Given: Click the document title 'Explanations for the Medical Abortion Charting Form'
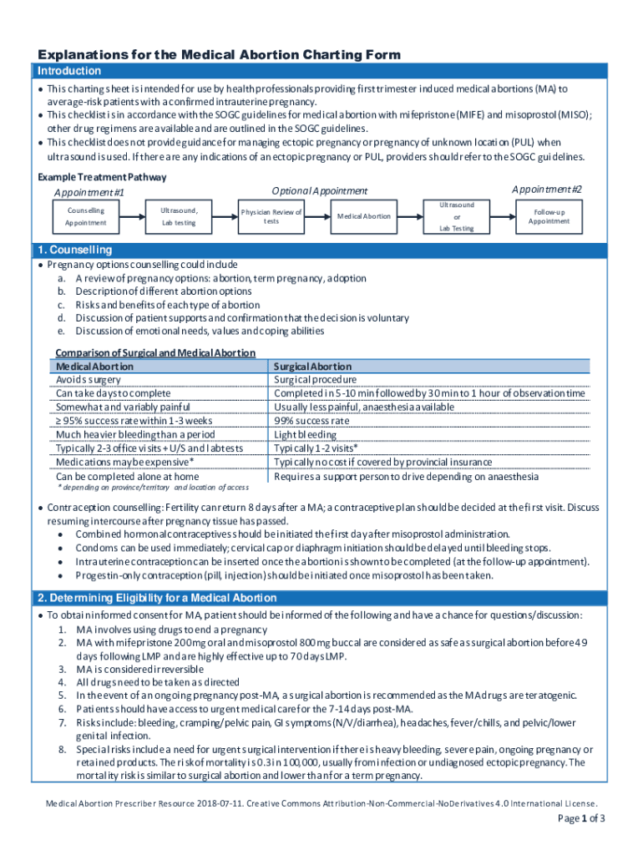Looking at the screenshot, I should [x=219, y=55].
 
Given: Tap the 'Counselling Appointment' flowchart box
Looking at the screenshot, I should [x=85, y=217].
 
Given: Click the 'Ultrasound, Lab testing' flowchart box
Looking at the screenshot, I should [x=179, y=217].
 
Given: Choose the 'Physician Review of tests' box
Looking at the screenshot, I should [x=271, y=217].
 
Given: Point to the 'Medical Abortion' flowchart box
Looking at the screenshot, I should [x=363, y=216].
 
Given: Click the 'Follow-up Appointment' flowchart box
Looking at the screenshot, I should [x=549, y=217].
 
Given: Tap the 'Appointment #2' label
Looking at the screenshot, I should [x=547, y=190].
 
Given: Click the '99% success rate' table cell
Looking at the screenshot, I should [x=311, y=421].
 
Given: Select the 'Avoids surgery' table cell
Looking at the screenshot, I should [x=88, y=379].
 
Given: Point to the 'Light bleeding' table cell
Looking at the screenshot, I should [x=306, y=434].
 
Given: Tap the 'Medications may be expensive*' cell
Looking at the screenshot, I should [x=125, y=462].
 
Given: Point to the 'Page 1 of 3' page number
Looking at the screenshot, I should [x=581, y=817].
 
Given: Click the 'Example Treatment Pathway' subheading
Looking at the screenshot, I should [x=102, y=177].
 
